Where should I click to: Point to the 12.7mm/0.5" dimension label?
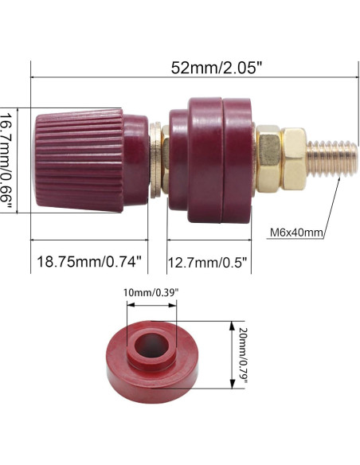pyautogui.click(x=208, y=260)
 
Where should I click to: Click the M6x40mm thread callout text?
pyautogui.click(x=295, y=232)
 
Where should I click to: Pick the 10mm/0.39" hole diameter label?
pyautogui.click(x=150, y=292)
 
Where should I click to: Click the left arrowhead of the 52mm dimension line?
pyautogui.click(x=33, y=77)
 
